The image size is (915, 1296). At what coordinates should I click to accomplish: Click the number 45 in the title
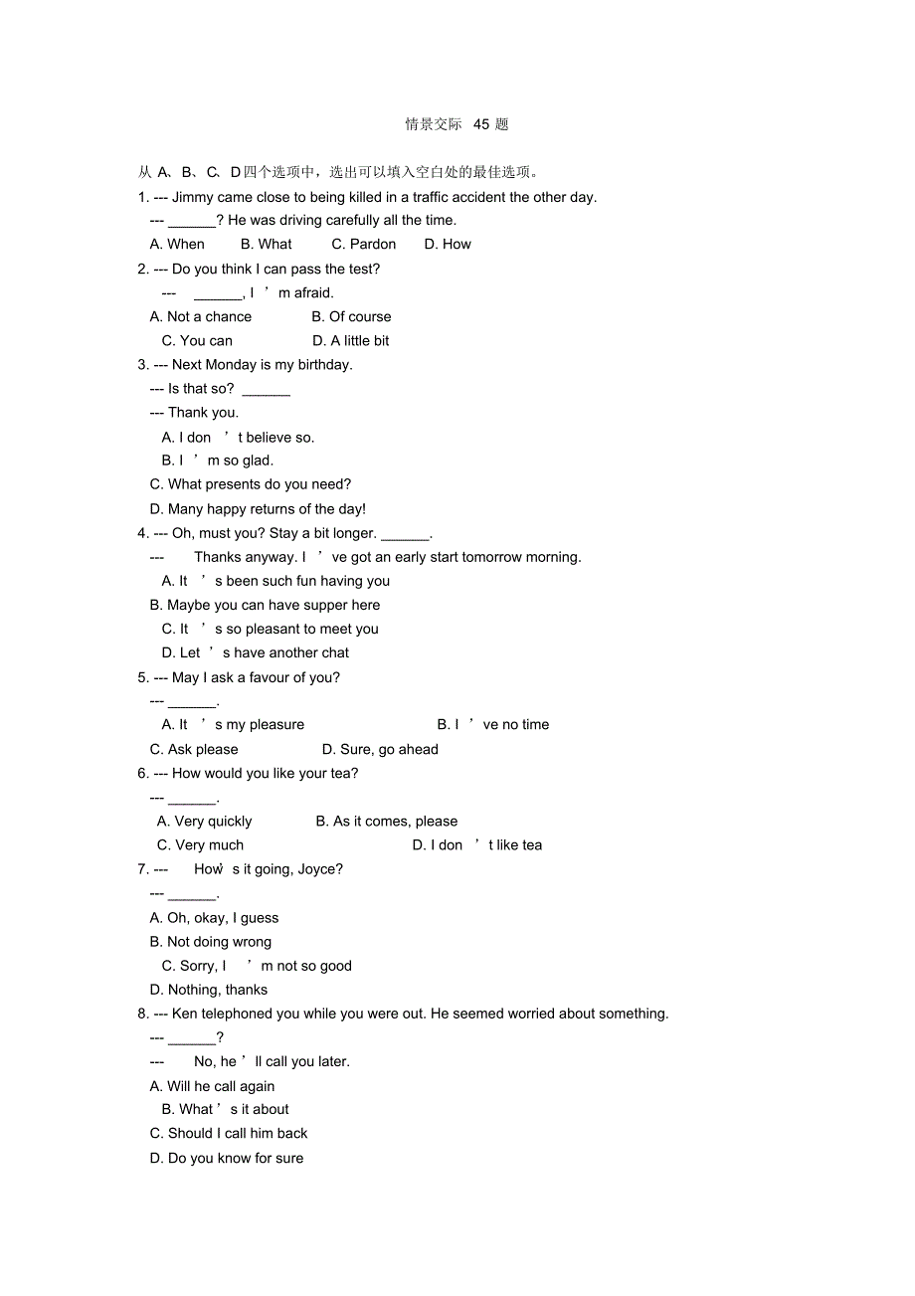(481, 124)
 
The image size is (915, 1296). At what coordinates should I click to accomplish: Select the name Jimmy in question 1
(192, 197)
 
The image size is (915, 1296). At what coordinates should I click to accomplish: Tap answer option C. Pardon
(364, 245)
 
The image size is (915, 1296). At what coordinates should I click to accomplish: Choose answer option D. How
(448, 245)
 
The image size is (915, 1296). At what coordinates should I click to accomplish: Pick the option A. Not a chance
(201, 317)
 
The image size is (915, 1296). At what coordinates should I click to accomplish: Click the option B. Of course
(351, 317)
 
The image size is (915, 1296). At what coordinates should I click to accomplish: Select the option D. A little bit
(351, 341)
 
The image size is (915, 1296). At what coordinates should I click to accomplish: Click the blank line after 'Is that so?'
(267, 391)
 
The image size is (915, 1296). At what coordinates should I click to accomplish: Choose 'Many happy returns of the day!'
(258, 509)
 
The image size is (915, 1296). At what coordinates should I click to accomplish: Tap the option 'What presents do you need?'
(251, 484)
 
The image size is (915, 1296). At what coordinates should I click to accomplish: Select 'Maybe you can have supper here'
(265, 605)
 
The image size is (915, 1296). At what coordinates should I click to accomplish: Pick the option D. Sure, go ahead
(380, 750)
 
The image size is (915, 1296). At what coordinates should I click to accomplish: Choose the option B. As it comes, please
(387, 822)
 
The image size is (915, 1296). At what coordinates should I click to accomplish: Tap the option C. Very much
(201, 845)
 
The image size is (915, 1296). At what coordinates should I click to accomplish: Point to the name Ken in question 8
(184, 1014)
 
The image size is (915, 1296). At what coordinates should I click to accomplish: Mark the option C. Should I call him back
(229, 1134)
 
